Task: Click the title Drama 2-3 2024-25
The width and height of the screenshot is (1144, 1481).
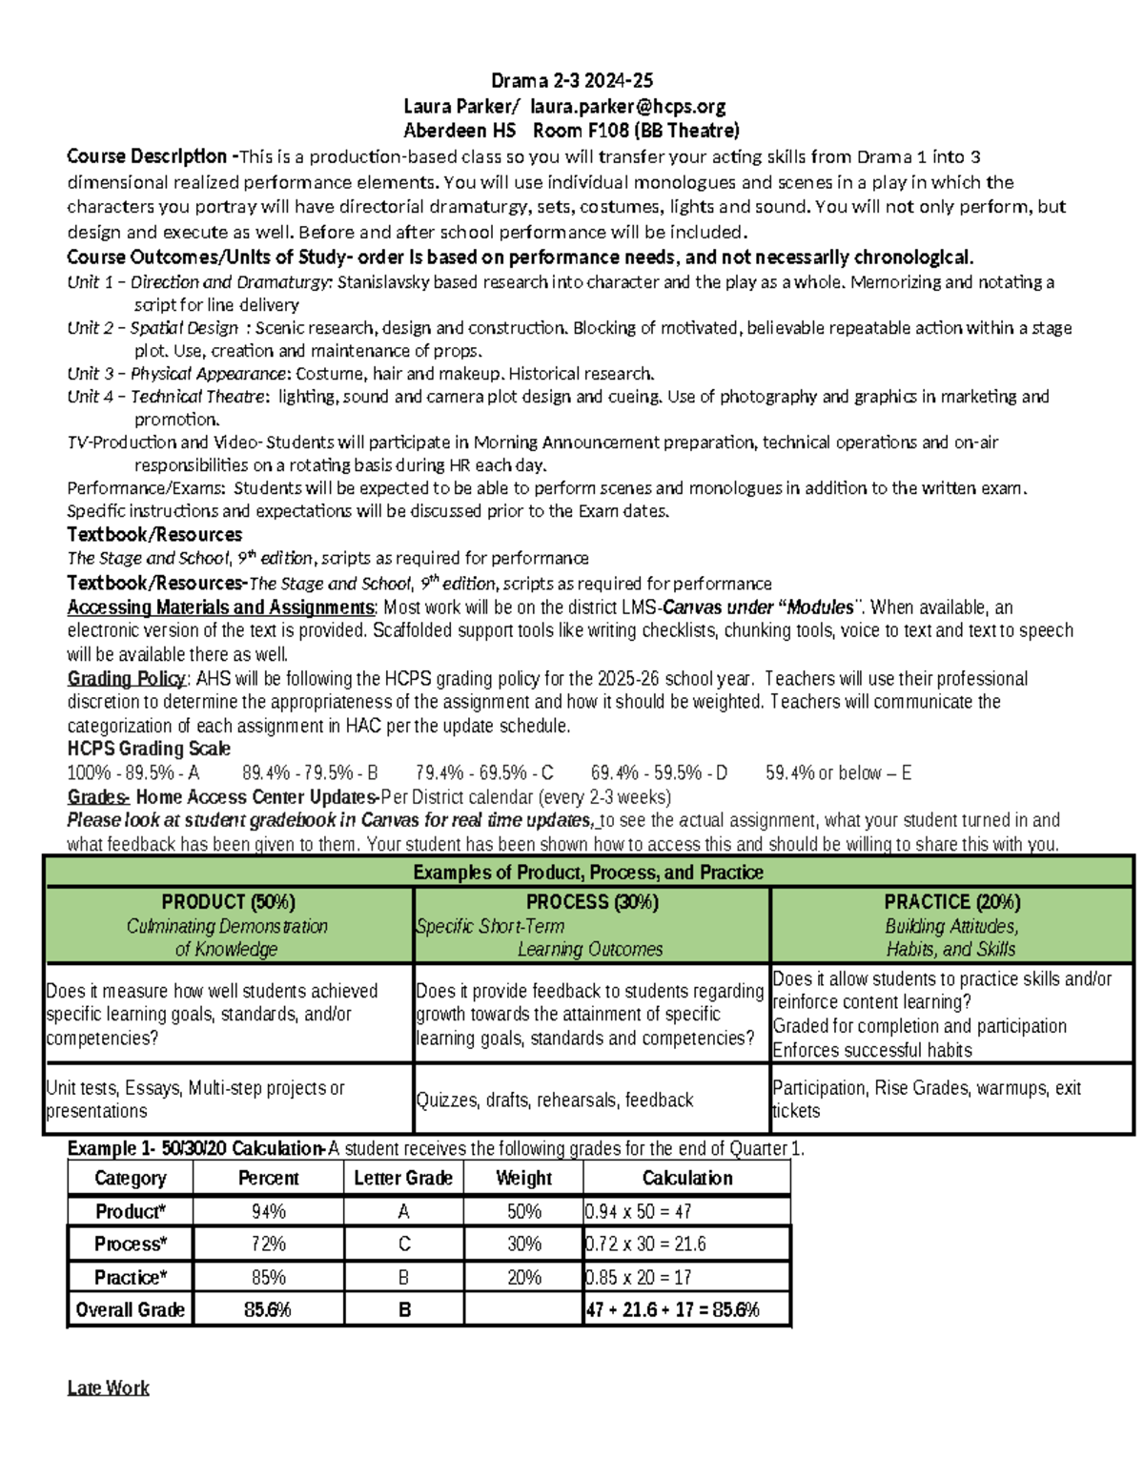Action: tap(571, 80)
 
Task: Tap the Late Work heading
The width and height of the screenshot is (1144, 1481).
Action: tap(108, 1388)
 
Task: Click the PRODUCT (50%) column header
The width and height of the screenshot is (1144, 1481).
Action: tap(228, 902)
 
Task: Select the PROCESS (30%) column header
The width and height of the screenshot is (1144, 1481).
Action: tap(592, 902)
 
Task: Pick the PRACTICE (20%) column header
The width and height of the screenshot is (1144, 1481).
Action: tap(951, 902)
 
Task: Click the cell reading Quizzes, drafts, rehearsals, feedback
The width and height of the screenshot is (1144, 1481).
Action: tap(554, 1100)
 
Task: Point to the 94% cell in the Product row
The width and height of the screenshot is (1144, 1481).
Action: tap(268, 1211)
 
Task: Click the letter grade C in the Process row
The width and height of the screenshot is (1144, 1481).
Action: tap(404, 1244)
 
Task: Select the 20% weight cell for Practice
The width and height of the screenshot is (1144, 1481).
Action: tap(523, 1277)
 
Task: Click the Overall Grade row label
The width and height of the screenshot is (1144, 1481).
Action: tap(131, 1309)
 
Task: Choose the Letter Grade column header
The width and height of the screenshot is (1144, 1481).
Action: tap(403, 1178)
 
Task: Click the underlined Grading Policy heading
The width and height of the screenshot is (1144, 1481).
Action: tap(127, 678)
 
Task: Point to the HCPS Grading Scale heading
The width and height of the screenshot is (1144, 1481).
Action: tap(149, 749)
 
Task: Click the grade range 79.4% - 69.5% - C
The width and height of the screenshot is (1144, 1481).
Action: tap(484, 772)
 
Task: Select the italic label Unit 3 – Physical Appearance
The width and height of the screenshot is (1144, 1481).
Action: tap(176, 373)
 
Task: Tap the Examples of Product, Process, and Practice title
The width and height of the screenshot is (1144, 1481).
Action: tap(588, 872)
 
